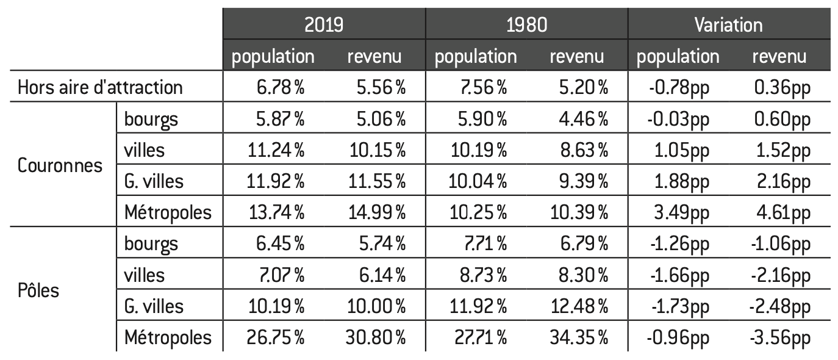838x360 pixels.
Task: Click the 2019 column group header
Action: coord(324,24)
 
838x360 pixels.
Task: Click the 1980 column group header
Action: coord(526,24)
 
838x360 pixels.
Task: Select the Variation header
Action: coord(728,25)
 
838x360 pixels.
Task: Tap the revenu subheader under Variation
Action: coord(779,57)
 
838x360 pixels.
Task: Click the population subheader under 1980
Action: coord(476,57)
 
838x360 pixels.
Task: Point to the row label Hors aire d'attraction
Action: coord(100,88)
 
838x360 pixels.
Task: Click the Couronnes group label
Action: coord(60,165)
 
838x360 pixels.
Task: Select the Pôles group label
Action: coord(38,290)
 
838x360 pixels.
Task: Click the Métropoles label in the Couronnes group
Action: coord(168,212)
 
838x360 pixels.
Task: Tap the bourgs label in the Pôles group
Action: coord(151,244)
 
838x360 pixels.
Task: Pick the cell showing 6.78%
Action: coord(280,88)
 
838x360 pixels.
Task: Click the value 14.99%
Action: coord(377,212)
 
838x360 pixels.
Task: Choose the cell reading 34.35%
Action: coord(579,337)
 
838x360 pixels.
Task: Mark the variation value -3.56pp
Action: coord(780,338)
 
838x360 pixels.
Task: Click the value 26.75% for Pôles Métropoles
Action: coord(275,337)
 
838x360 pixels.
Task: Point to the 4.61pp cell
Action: coord(783,213)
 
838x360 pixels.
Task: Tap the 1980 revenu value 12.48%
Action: coord(579,306)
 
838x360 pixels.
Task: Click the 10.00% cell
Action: coord(376,306)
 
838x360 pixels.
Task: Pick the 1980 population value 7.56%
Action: coord(483,88)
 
